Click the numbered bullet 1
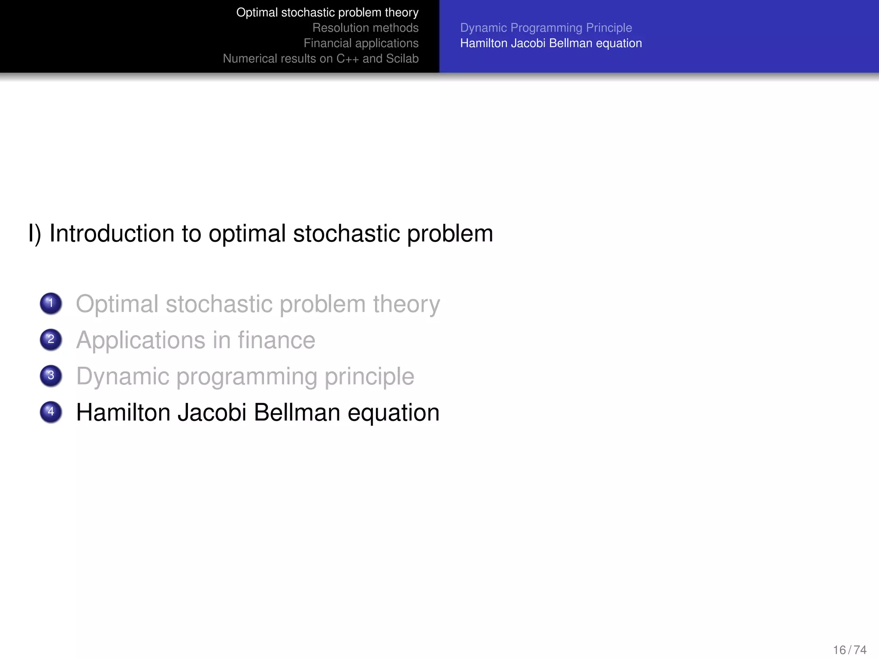[51, 303]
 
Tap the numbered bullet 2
[51, 340]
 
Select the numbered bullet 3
[51, 376]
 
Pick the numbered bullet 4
[51, 412]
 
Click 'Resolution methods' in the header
[365, 28]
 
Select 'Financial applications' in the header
[361, 43]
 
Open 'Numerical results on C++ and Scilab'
[321, 59]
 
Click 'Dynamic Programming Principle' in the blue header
[546, 28]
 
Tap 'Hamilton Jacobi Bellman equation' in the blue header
[551, 43]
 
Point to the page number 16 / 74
[849, 650]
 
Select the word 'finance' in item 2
[276, 340]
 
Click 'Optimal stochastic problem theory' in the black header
[327, 12]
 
